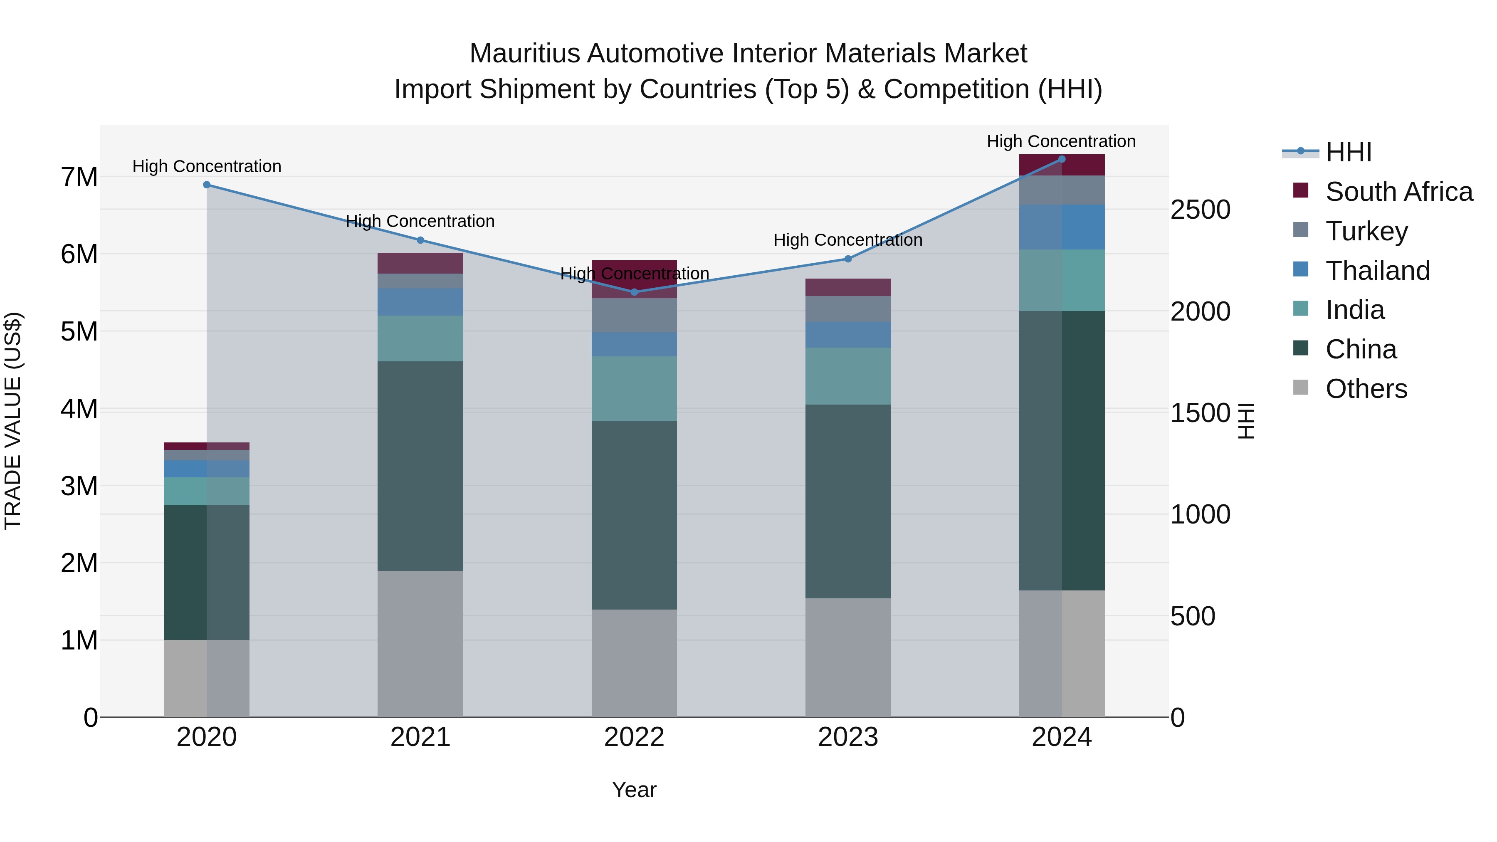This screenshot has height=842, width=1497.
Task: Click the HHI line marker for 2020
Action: pos(207,185)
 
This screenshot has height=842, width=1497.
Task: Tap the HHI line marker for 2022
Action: pos(634,292)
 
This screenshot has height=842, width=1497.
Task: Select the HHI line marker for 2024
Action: pos(1062,159)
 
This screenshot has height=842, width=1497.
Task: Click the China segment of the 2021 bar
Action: pos(420,466)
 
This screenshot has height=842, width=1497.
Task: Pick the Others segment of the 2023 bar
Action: pos(848,658)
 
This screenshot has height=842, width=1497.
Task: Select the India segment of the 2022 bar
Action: pos(634,389)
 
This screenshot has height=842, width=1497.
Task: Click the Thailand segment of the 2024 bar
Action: pos(1062,227)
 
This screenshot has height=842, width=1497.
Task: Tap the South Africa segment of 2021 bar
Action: pos(420,263)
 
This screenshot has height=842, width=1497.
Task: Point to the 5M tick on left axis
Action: pos(79,332)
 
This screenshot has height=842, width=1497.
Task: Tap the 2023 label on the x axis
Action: pos(848,737)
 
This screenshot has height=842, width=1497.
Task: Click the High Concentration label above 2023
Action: pos(848,240)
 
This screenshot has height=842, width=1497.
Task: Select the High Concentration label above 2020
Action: pos(207,166)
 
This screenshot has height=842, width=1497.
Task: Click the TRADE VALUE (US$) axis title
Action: pos(13,421)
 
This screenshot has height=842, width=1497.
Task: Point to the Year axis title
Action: pos(634,790)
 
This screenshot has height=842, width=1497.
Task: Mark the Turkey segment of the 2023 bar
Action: pos(848,309)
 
